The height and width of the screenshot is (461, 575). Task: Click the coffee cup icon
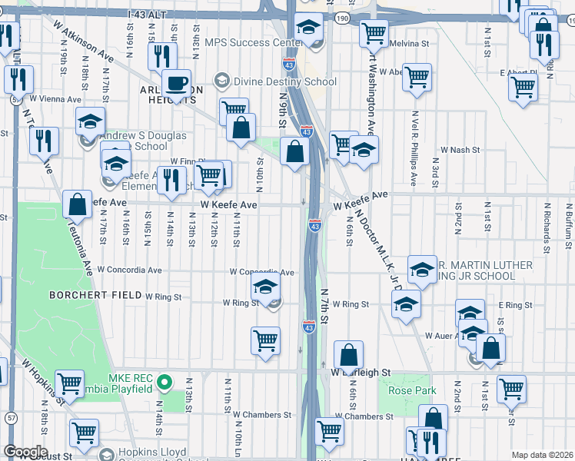(x=176, y=83)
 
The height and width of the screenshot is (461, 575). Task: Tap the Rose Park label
(x=412, y=390)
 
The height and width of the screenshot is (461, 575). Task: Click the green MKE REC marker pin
(x=163, y=382)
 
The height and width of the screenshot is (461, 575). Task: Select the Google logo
(x=25, y=452)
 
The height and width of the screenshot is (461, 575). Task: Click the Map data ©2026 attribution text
(x=543, y=455)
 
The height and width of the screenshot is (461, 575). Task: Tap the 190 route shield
(x=342, y=16)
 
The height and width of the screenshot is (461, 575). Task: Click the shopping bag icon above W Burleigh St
(x=348, y=356)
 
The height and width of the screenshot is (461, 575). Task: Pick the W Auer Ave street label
(x=445, y=336)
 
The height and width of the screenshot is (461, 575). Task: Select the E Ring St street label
(x=515, y=305)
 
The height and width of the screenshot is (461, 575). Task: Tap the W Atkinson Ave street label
(x=82, y=36)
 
